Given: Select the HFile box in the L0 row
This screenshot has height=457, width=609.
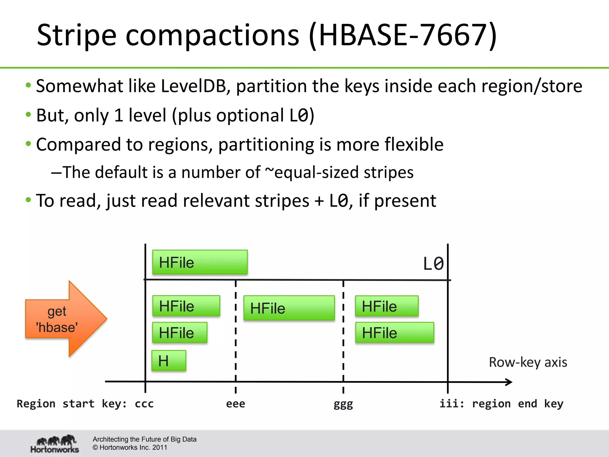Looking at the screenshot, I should coord(200,262).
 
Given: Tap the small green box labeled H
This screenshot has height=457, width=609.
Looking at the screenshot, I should coord(169,361).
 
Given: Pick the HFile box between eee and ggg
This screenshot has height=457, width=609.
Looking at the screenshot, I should coord(289,308).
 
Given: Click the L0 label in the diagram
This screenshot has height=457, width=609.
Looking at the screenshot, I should coord(433,264).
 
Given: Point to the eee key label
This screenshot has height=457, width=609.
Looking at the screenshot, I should coord(236,404).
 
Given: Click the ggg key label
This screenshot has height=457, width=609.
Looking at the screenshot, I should coord(343,404).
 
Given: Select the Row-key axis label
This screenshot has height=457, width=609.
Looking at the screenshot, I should coord(528,362).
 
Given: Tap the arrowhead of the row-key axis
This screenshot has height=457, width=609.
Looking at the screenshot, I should coord(509,382).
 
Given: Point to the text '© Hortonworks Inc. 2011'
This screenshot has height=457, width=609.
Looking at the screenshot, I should coord(130,447).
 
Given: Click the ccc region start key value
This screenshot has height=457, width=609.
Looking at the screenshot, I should coord(144,404).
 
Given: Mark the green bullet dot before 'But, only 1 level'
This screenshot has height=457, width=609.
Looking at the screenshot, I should coord(29,115).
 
